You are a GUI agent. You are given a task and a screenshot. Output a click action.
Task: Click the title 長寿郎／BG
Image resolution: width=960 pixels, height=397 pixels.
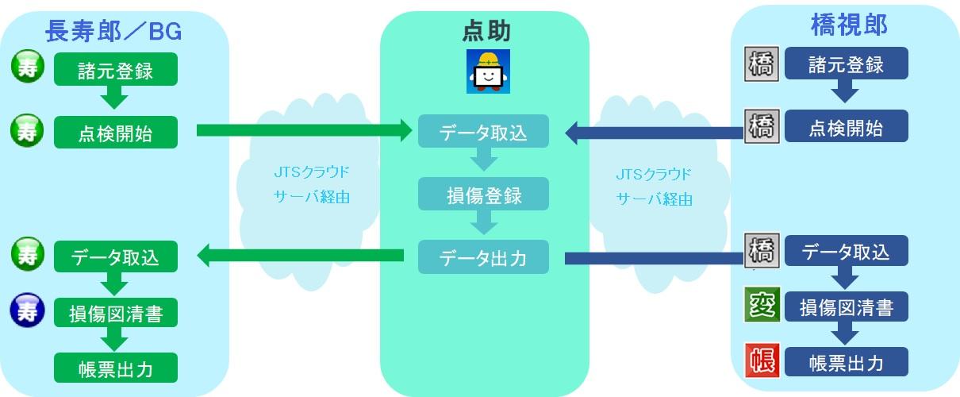click(x=114, y=31)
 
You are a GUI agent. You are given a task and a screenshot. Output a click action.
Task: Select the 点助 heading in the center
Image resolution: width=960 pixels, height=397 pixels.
click(x=486, y=31)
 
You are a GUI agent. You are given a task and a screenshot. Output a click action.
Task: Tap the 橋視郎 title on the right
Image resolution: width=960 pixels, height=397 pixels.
click(x=848, y=26)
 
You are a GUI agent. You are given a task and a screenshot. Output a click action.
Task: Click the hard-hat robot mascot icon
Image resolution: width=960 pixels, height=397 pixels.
click(x=486, y=71)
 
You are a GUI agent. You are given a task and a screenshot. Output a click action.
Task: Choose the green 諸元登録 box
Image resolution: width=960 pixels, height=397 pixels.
click(x=116, y=70)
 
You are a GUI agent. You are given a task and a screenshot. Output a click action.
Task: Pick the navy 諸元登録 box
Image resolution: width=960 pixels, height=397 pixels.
click(x=847, y=64)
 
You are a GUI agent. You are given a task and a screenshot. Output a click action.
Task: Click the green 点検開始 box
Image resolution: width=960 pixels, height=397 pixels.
click(x=116, y=132)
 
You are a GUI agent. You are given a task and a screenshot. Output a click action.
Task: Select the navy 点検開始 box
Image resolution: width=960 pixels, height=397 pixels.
click(x=847, y=126)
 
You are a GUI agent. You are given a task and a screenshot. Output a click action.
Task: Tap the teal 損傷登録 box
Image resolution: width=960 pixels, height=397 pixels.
click(x=484, y=195)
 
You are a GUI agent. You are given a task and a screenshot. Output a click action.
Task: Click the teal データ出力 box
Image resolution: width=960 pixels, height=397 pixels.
click(x=484, y=256)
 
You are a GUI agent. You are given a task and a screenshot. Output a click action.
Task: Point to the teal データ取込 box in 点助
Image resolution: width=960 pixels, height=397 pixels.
click(x=484, y=131)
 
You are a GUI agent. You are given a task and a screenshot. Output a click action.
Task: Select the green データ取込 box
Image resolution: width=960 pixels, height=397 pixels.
click(x=116, y=256)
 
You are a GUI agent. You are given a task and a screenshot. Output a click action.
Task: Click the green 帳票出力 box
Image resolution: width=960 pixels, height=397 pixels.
click(x=116, y=369)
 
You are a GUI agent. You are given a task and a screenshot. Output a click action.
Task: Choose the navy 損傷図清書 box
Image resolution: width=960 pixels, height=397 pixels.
click(x=847, y=307)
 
